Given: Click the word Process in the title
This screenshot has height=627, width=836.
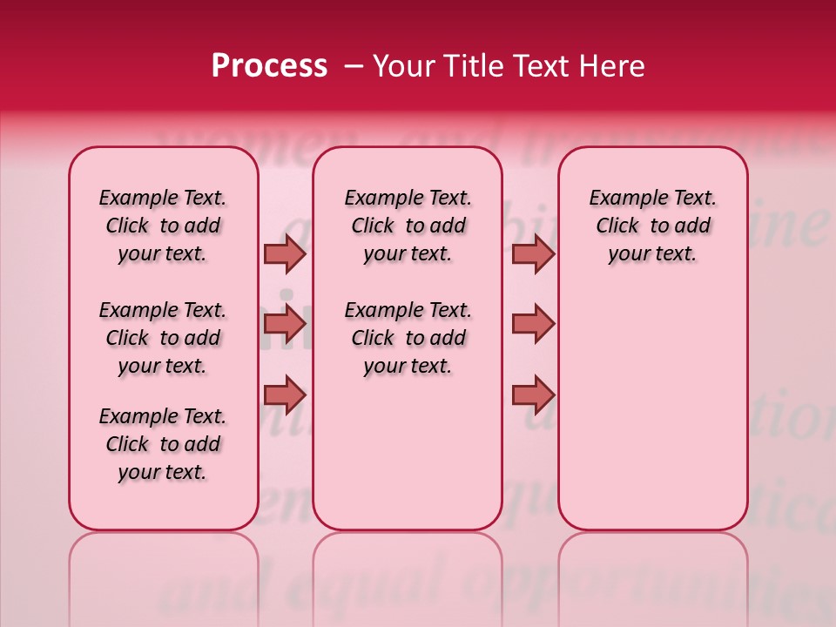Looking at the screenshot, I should coord(269,66).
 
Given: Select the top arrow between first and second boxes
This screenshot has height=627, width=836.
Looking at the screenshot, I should coord(285,253).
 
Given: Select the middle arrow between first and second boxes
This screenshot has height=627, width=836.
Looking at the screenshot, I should coord(285,325).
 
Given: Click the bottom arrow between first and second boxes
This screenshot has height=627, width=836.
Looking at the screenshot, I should coord(285,395).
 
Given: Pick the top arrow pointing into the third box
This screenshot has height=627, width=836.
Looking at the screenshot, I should coord(533,253).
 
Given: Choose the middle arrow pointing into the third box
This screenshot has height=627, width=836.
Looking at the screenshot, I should coord(533,325).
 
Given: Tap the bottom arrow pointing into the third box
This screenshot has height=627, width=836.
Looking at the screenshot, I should coord(533,395).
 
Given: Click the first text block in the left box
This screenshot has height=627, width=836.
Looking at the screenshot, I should coord(163,226).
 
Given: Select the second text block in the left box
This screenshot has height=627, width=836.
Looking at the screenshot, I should coord(163,338).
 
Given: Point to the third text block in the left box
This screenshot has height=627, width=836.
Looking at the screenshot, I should coord(163,444).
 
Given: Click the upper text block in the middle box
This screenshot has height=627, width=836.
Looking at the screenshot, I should coord(408,226).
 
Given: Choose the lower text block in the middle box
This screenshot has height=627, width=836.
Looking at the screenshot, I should coord(408,338).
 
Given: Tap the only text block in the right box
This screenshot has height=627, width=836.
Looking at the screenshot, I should coord(652,226).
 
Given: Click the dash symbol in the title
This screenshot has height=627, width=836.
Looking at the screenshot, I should coord(354,67).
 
